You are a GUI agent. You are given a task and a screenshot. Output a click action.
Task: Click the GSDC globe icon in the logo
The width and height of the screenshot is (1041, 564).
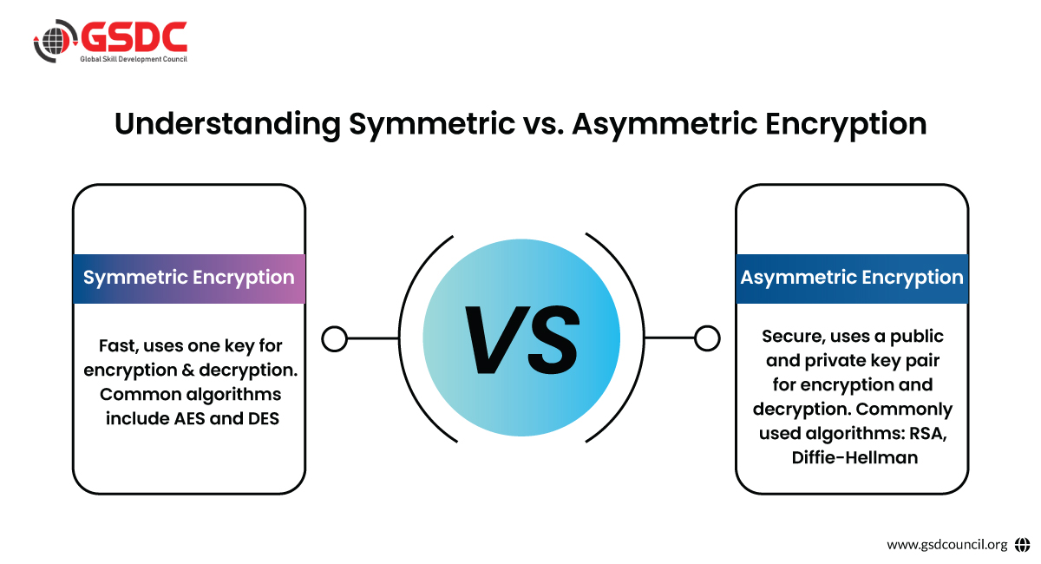point(56,41)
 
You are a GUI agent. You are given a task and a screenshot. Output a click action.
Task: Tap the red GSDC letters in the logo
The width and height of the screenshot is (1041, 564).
point(134,36)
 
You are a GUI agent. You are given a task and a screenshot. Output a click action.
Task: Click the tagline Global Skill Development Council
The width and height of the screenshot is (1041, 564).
point(134,59)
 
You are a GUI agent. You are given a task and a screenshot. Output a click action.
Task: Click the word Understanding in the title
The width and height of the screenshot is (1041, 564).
point(227,124)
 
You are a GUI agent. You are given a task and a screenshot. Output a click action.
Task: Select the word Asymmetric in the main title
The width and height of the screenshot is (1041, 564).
point(665,125)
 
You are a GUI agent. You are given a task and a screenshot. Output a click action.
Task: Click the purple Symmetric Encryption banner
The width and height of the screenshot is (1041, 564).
point(189,279)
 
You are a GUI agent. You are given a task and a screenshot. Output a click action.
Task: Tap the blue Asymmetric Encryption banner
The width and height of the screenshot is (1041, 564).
point(852,279)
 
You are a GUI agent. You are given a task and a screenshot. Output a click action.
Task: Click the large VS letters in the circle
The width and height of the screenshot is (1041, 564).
point(522,340)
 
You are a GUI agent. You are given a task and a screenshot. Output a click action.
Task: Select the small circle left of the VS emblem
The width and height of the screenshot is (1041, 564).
point(335,338)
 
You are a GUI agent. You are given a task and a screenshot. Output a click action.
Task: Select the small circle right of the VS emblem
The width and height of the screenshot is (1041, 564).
point(707,338)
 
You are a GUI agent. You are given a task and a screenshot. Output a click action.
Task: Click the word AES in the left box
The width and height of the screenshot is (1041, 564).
point(190,418)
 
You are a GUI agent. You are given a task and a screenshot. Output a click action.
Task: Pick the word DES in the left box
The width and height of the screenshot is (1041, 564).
point(264,418)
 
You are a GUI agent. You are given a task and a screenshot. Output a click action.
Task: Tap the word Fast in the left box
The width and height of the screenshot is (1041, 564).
point(118,346)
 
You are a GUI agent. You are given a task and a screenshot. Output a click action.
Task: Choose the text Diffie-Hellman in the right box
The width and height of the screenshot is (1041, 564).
point(854,457)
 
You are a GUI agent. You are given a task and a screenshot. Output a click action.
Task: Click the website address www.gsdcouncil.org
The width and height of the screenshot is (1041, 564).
point(947,544)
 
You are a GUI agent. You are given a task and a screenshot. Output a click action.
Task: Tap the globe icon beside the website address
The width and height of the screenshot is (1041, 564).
point(1022,544)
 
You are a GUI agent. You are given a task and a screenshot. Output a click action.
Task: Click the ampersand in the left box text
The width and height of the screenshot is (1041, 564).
point(187,371)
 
